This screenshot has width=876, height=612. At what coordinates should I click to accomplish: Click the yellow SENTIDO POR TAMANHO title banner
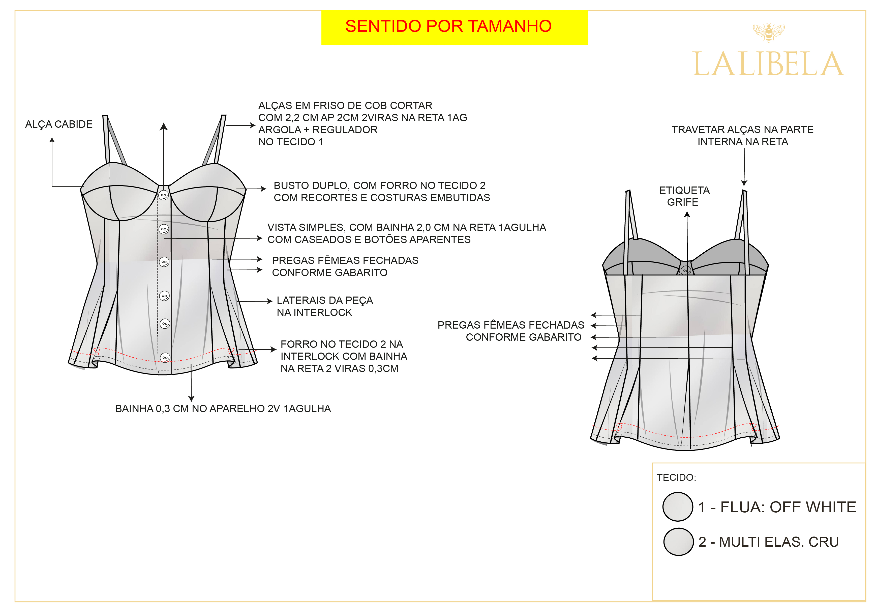(455, 28)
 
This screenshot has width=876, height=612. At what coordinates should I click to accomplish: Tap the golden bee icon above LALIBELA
(768, 32)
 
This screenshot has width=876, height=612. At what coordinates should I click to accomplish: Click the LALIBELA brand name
(768, 64)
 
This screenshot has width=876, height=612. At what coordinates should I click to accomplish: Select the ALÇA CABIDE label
(59, 124)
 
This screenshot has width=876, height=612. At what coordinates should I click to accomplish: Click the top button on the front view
(164, 196)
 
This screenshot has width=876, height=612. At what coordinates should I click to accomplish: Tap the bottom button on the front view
(165, 358)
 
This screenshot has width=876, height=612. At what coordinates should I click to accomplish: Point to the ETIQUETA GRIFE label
(684, 196)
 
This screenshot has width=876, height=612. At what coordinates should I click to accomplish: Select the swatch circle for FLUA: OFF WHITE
(678, 507)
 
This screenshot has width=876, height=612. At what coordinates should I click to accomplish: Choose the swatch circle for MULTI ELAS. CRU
(678, 542)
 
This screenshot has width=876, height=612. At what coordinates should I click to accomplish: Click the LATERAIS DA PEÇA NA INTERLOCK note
(325, 306)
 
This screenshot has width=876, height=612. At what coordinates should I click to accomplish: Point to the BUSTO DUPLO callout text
(382, 191)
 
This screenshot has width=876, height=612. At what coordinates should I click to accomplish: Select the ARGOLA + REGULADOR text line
(318, 129)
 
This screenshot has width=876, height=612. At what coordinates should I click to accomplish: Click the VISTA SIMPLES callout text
(407, 233)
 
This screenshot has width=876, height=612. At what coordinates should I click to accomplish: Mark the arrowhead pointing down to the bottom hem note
(192, 399)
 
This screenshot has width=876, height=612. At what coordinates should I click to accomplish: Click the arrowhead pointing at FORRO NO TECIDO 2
(274, 349)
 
